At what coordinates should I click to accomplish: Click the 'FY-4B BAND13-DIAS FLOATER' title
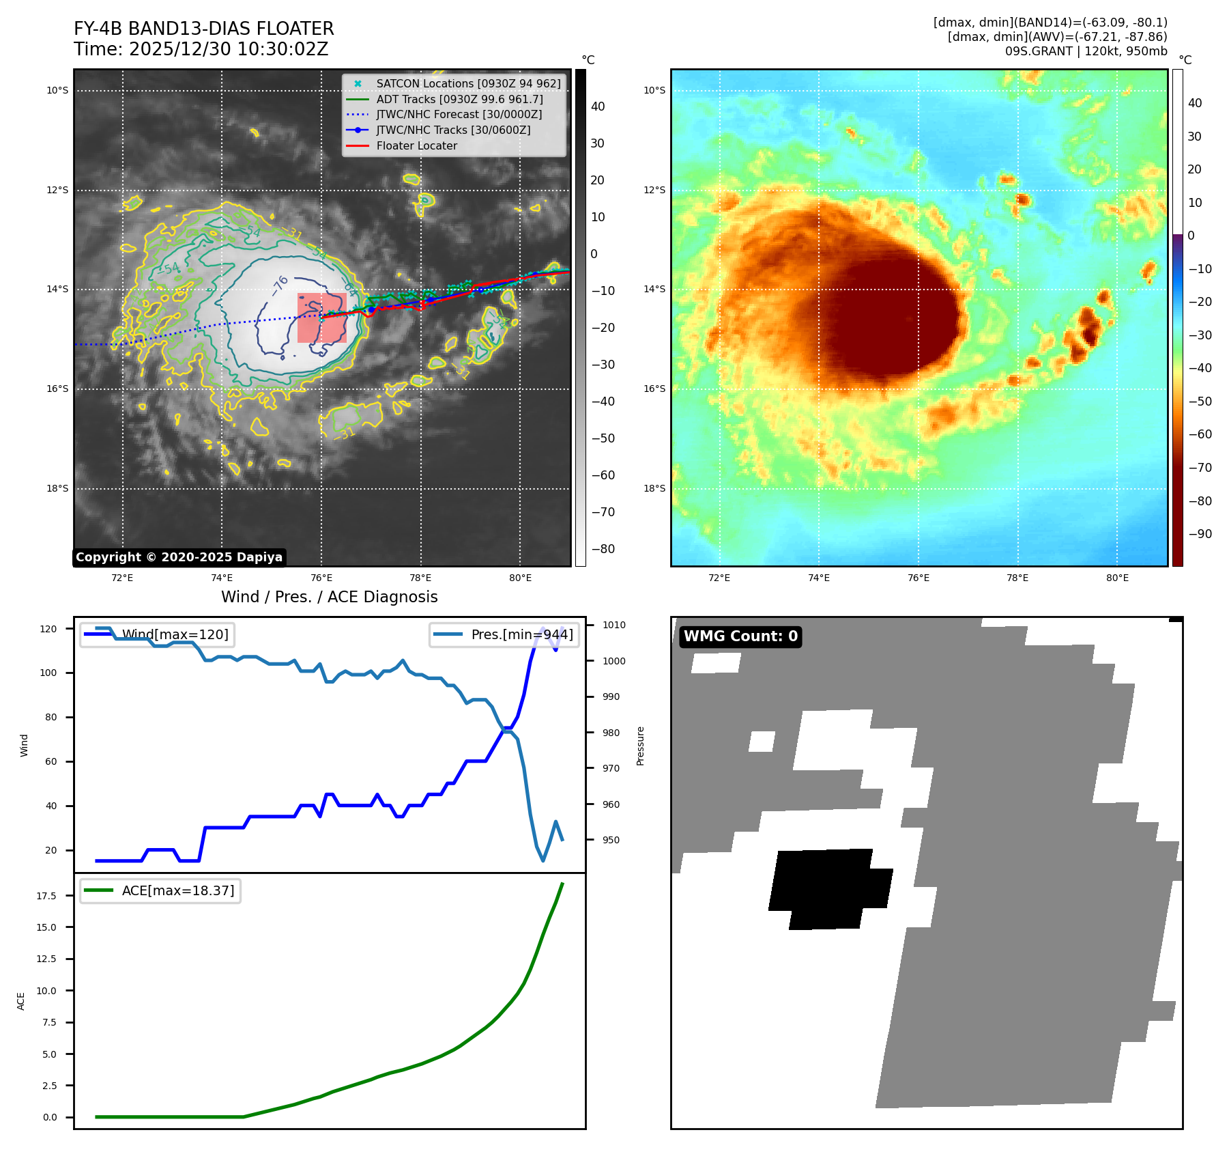pyautogui.click(x=204, y=29)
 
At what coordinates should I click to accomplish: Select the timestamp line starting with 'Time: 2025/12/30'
pyautogui.click(x=201, y=49)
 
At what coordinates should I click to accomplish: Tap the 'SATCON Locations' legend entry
pyautogui.click(x=454, y=83)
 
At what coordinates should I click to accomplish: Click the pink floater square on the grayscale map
pyautogui.click(x=322, y=318)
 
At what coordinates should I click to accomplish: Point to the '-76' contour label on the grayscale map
pyautogui.click(x=280, y=285)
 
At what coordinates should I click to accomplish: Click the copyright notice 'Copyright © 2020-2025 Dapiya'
pyautogui.click(x=179, y=557)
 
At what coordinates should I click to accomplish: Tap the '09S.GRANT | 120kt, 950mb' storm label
pyautogui.click(x=1086, y=51)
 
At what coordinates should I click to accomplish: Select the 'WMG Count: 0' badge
pyautogui.click(x=740, y=636)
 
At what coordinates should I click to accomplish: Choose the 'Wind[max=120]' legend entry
pyautogui.click(x=157, y=634)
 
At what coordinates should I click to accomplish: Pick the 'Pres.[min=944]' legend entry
pyautogui.click(x=504, y=634)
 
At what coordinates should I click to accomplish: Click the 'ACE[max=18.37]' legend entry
pyautogui.click(x=160, y=890)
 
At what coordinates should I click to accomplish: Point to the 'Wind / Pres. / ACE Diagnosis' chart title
pyautogui.click(x=330, y=597)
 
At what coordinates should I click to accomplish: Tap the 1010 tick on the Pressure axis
pyautogui.click(x=614, y=625)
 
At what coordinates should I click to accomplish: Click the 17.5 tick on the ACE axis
pyautogui.click(x=46, y=896)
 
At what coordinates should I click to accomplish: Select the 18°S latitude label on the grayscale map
pyautogui.click(x=57, y=488)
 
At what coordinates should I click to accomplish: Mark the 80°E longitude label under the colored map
pyautogui.click(x=1117, y=578)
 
